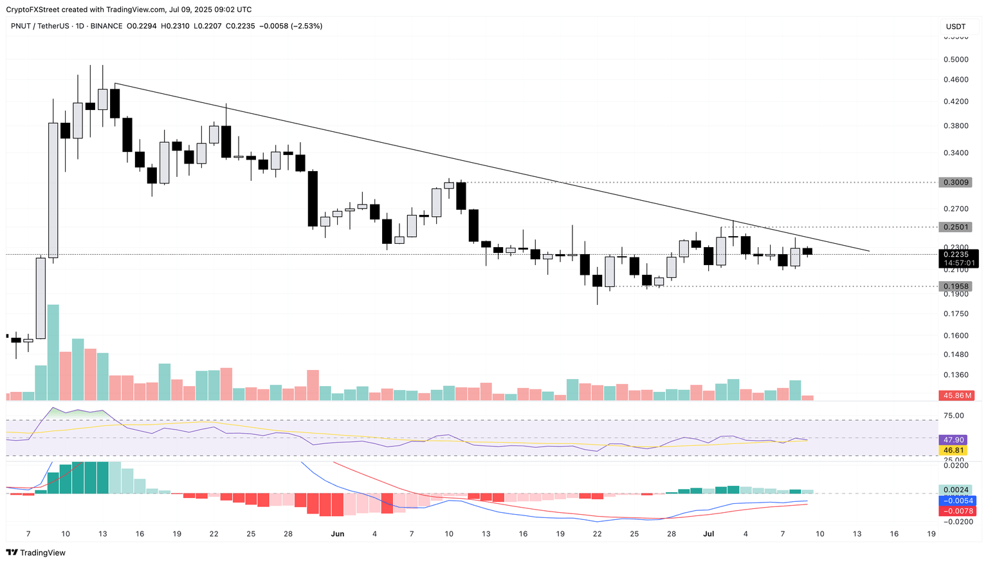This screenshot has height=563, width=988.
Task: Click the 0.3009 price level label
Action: [955, 182]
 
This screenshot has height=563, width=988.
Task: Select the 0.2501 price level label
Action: [955, 227]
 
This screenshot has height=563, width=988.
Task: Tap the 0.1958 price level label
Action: [955, 286]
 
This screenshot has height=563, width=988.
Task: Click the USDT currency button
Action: [956, 26]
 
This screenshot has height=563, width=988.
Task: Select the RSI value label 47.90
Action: [953, 440]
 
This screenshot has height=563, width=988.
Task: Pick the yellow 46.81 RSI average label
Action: [953, 450]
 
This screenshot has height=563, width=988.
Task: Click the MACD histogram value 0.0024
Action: [955, 490]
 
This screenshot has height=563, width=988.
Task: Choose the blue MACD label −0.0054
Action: [957, 501]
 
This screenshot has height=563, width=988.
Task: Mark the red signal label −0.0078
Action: [957, 511]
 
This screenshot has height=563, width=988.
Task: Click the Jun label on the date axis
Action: [337, 534]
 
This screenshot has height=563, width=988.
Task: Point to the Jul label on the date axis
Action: [709, 534]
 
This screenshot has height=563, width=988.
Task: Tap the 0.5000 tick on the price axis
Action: [955, 60]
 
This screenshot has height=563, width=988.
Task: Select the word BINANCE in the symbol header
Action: [106, 26]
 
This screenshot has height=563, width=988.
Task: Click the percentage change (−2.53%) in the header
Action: [307, 26]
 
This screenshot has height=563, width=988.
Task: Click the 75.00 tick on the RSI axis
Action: [953, 416]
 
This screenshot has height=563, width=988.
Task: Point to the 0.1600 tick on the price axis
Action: [955, 336]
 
